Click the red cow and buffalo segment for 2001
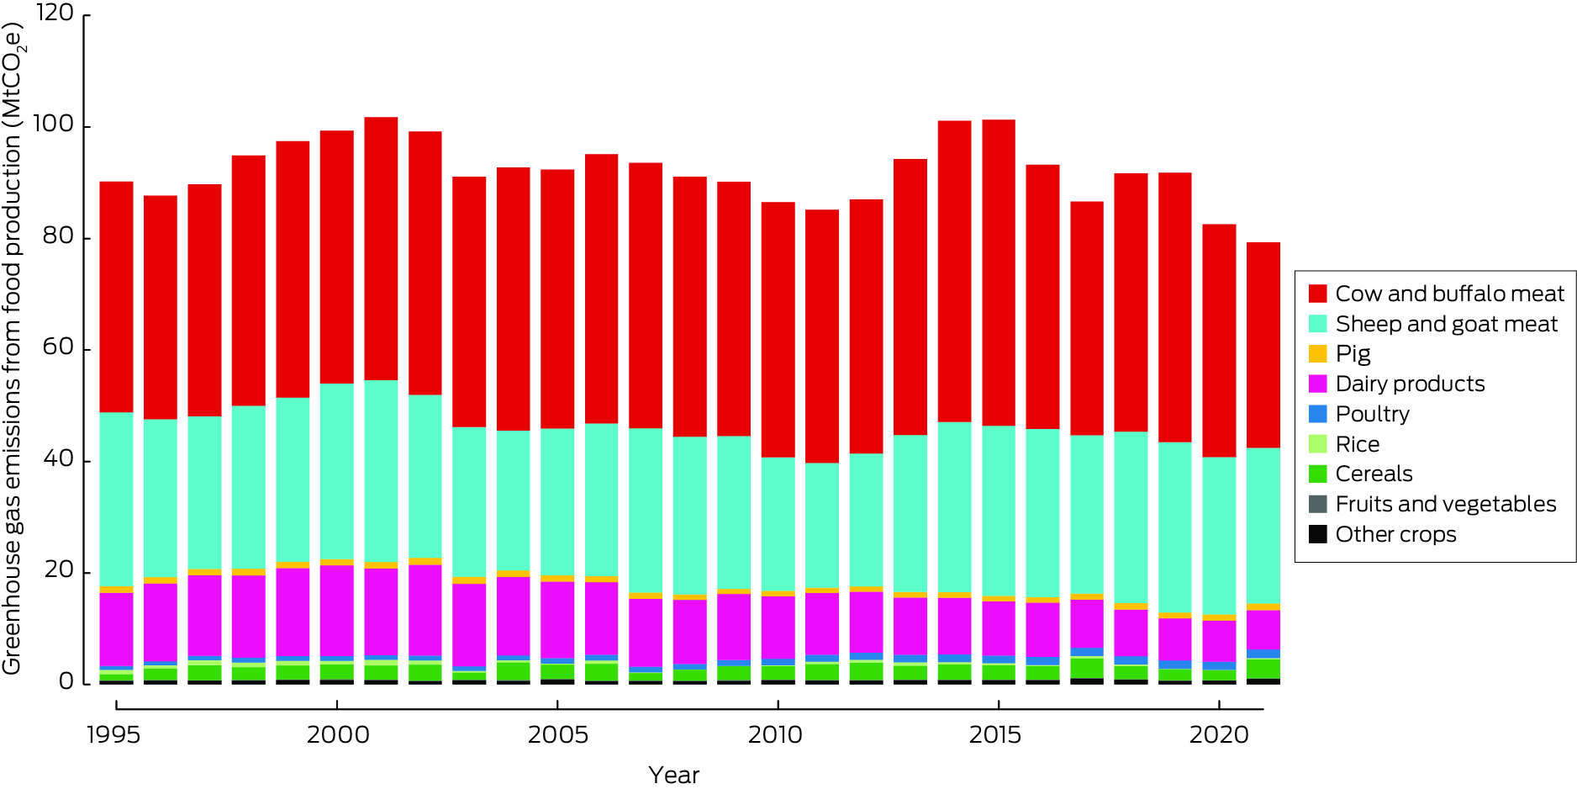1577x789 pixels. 381,248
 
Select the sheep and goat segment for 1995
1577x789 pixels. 116,499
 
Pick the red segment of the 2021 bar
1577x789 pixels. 1263,345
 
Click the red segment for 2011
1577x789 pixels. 821,336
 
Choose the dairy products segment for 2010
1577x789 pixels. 778,627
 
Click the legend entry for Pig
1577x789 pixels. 1353,353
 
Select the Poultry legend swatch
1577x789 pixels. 1318,414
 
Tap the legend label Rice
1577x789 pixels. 1357,444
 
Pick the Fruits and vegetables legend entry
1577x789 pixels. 1445,504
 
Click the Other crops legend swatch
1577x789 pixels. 1318,534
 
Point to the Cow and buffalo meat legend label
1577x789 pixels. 1449,294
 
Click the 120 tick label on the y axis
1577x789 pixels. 55,13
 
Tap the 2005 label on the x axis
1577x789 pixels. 557,735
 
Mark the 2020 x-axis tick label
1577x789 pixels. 1219,735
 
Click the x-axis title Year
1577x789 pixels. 673,775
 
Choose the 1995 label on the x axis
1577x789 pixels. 113,735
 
